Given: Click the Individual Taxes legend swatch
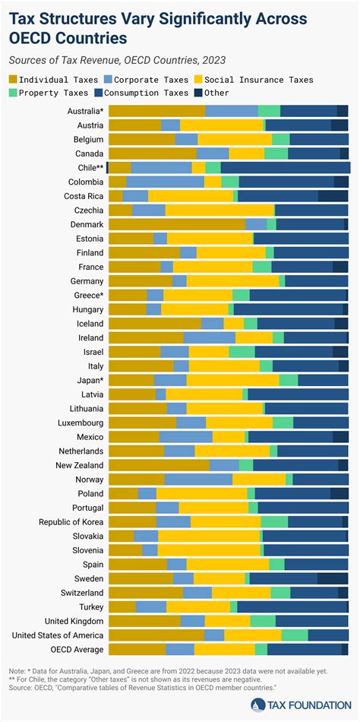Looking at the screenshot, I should click(x=14, y=79).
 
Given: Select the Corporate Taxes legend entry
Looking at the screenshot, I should click(x=129, y=79).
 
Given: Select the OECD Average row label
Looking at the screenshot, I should click(x=77, y=649).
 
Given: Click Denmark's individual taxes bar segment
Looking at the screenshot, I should click(x=177, y=225).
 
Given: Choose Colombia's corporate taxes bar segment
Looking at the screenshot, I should click(x=165, y=182).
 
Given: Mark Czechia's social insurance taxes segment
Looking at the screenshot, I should click(x=219, y=211).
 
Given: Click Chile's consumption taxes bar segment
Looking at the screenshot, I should click(x=284, y=167).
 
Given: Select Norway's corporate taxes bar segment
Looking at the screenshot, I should click(x=198, y=480).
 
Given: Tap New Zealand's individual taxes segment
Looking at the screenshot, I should click(x=159, y=465).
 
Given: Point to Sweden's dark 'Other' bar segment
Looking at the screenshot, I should click(x=333, y=578).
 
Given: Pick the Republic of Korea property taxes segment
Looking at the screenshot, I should click(x=274, y=521).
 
